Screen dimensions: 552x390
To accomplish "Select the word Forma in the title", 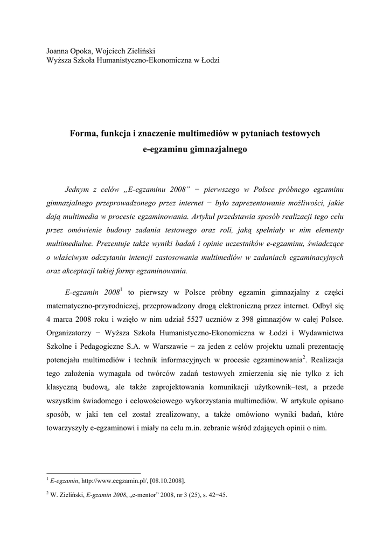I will point(83,133).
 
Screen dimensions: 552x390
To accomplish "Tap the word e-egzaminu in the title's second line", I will point(163,149).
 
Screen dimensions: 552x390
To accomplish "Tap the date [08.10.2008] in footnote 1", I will point(168,480).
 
